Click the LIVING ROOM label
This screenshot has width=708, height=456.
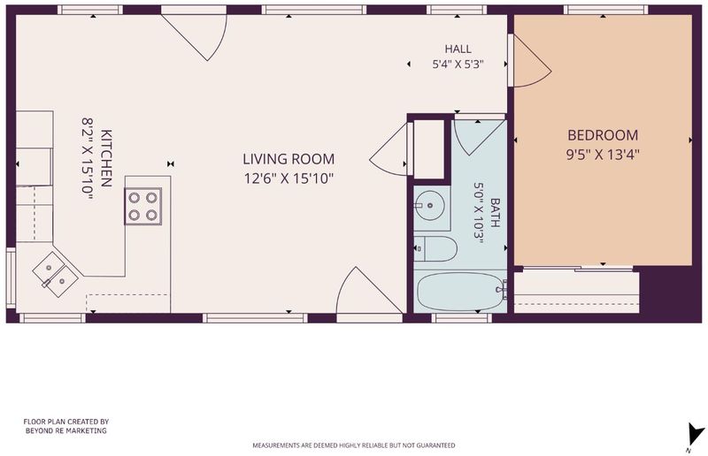[x=289, y=159]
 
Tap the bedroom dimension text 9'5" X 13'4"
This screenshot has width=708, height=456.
[x=603, y=155]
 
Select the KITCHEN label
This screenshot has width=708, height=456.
[x=106, y=158]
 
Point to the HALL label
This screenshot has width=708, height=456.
[x=458, y=49]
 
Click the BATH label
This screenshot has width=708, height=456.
[x=495, y=212]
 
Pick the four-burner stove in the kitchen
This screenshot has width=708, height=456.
[x=143, y=206]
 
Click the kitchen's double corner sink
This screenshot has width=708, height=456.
[x=56, y=274]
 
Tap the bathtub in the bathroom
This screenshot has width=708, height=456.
[x=461, y=292]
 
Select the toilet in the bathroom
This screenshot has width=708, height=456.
[x=435, y=248]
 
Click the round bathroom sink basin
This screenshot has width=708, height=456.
[x=429, y=206]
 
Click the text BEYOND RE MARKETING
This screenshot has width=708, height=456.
[x=65, y=430]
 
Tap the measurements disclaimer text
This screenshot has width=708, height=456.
[x=353, y=445]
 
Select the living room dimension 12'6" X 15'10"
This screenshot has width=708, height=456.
[x=289, y=179]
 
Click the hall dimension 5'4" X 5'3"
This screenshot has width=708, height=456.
[x=458, y=64]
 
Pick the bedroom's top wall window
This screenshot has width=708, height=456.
[x=605, y=10]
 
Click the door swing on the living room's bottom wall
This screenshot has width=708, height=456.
[x=361, y=293]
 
